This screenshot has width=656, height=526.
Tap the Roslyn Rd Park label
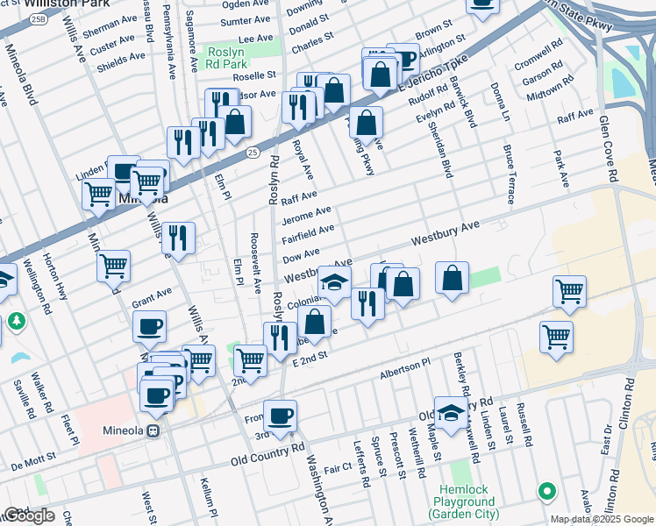226,59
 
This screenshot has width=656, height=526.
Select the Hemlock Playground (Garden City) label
465,507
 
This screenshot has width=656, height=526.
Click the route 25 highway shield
253,153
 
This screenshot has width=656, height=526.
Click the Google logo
28,515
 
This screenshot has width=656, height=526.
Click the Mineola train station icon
153,430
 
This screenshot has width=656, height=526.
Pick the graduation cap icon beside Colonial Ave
334,282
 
